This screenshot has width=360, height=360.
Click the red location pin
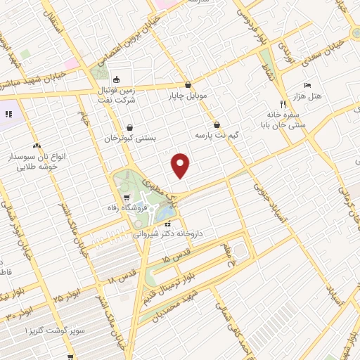[x=181, y=165]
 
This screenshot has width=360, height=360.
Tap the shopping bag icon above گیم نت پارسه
[x=216, y=122]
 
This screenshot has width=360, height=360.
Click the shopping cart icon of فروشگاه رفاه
[x=126, y=198]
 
